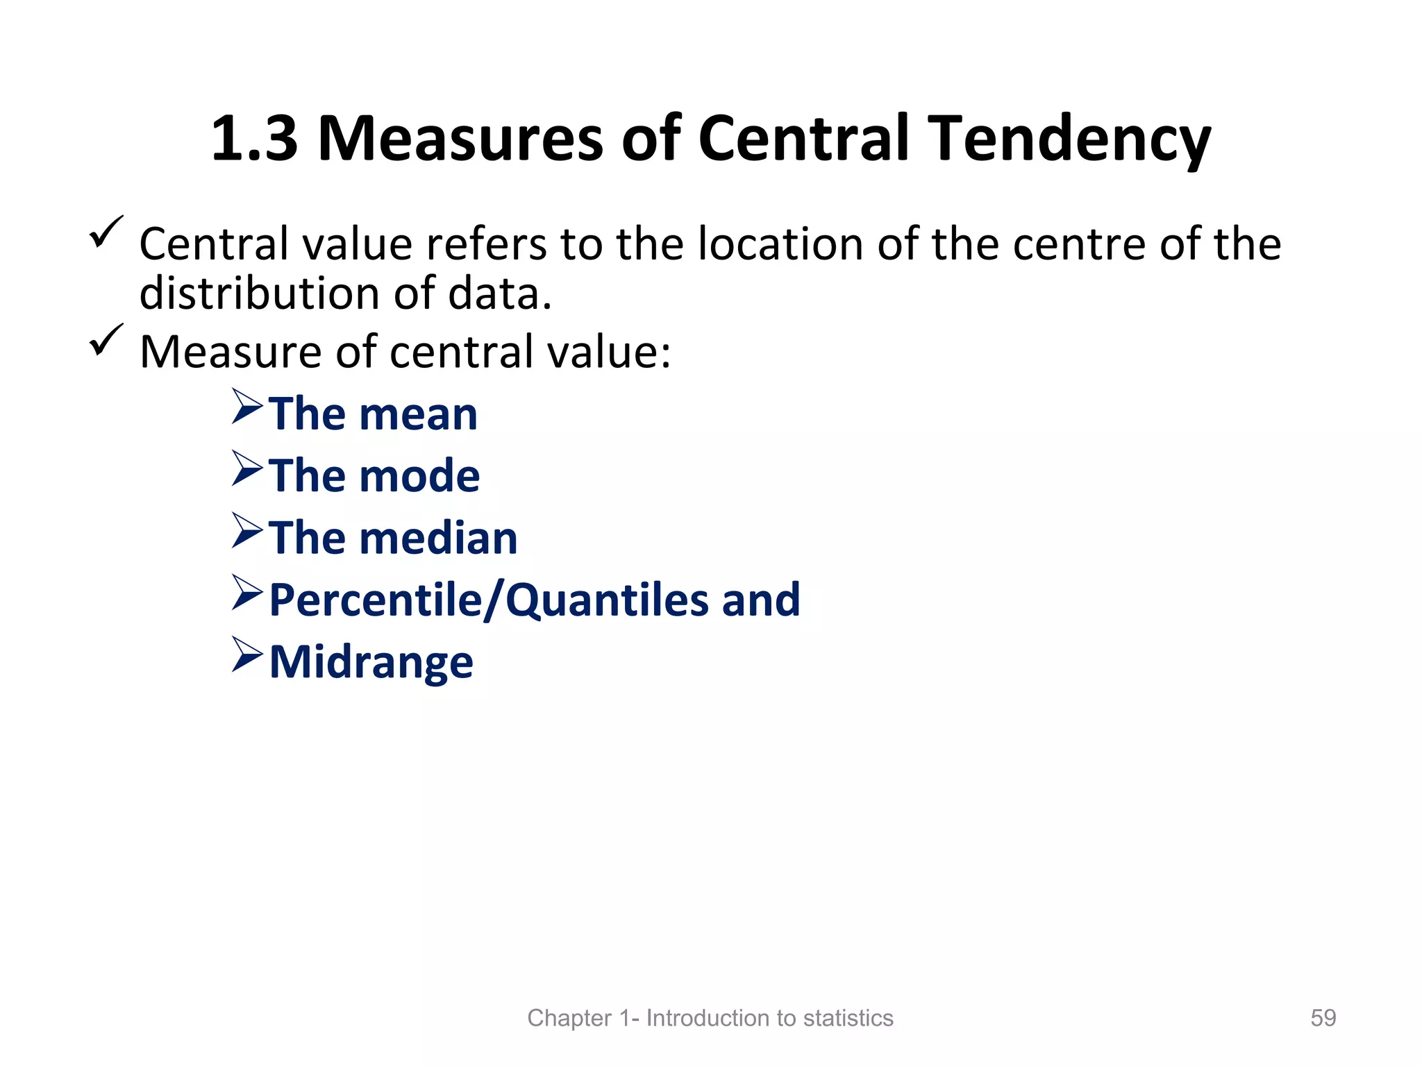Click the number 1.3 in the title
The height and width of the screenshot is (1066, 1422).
tap(254, 139)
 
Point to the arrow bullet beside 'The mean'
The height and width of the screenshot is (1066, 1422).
tap(246, 406)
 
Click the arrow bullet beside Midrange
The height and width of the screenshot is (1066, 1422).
tap(246, 654)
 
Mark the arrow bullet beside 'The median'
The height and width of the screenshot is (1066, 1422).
tap(246, 530)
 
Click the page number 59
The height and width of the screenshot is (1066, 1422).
tap(1323, 1017)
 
